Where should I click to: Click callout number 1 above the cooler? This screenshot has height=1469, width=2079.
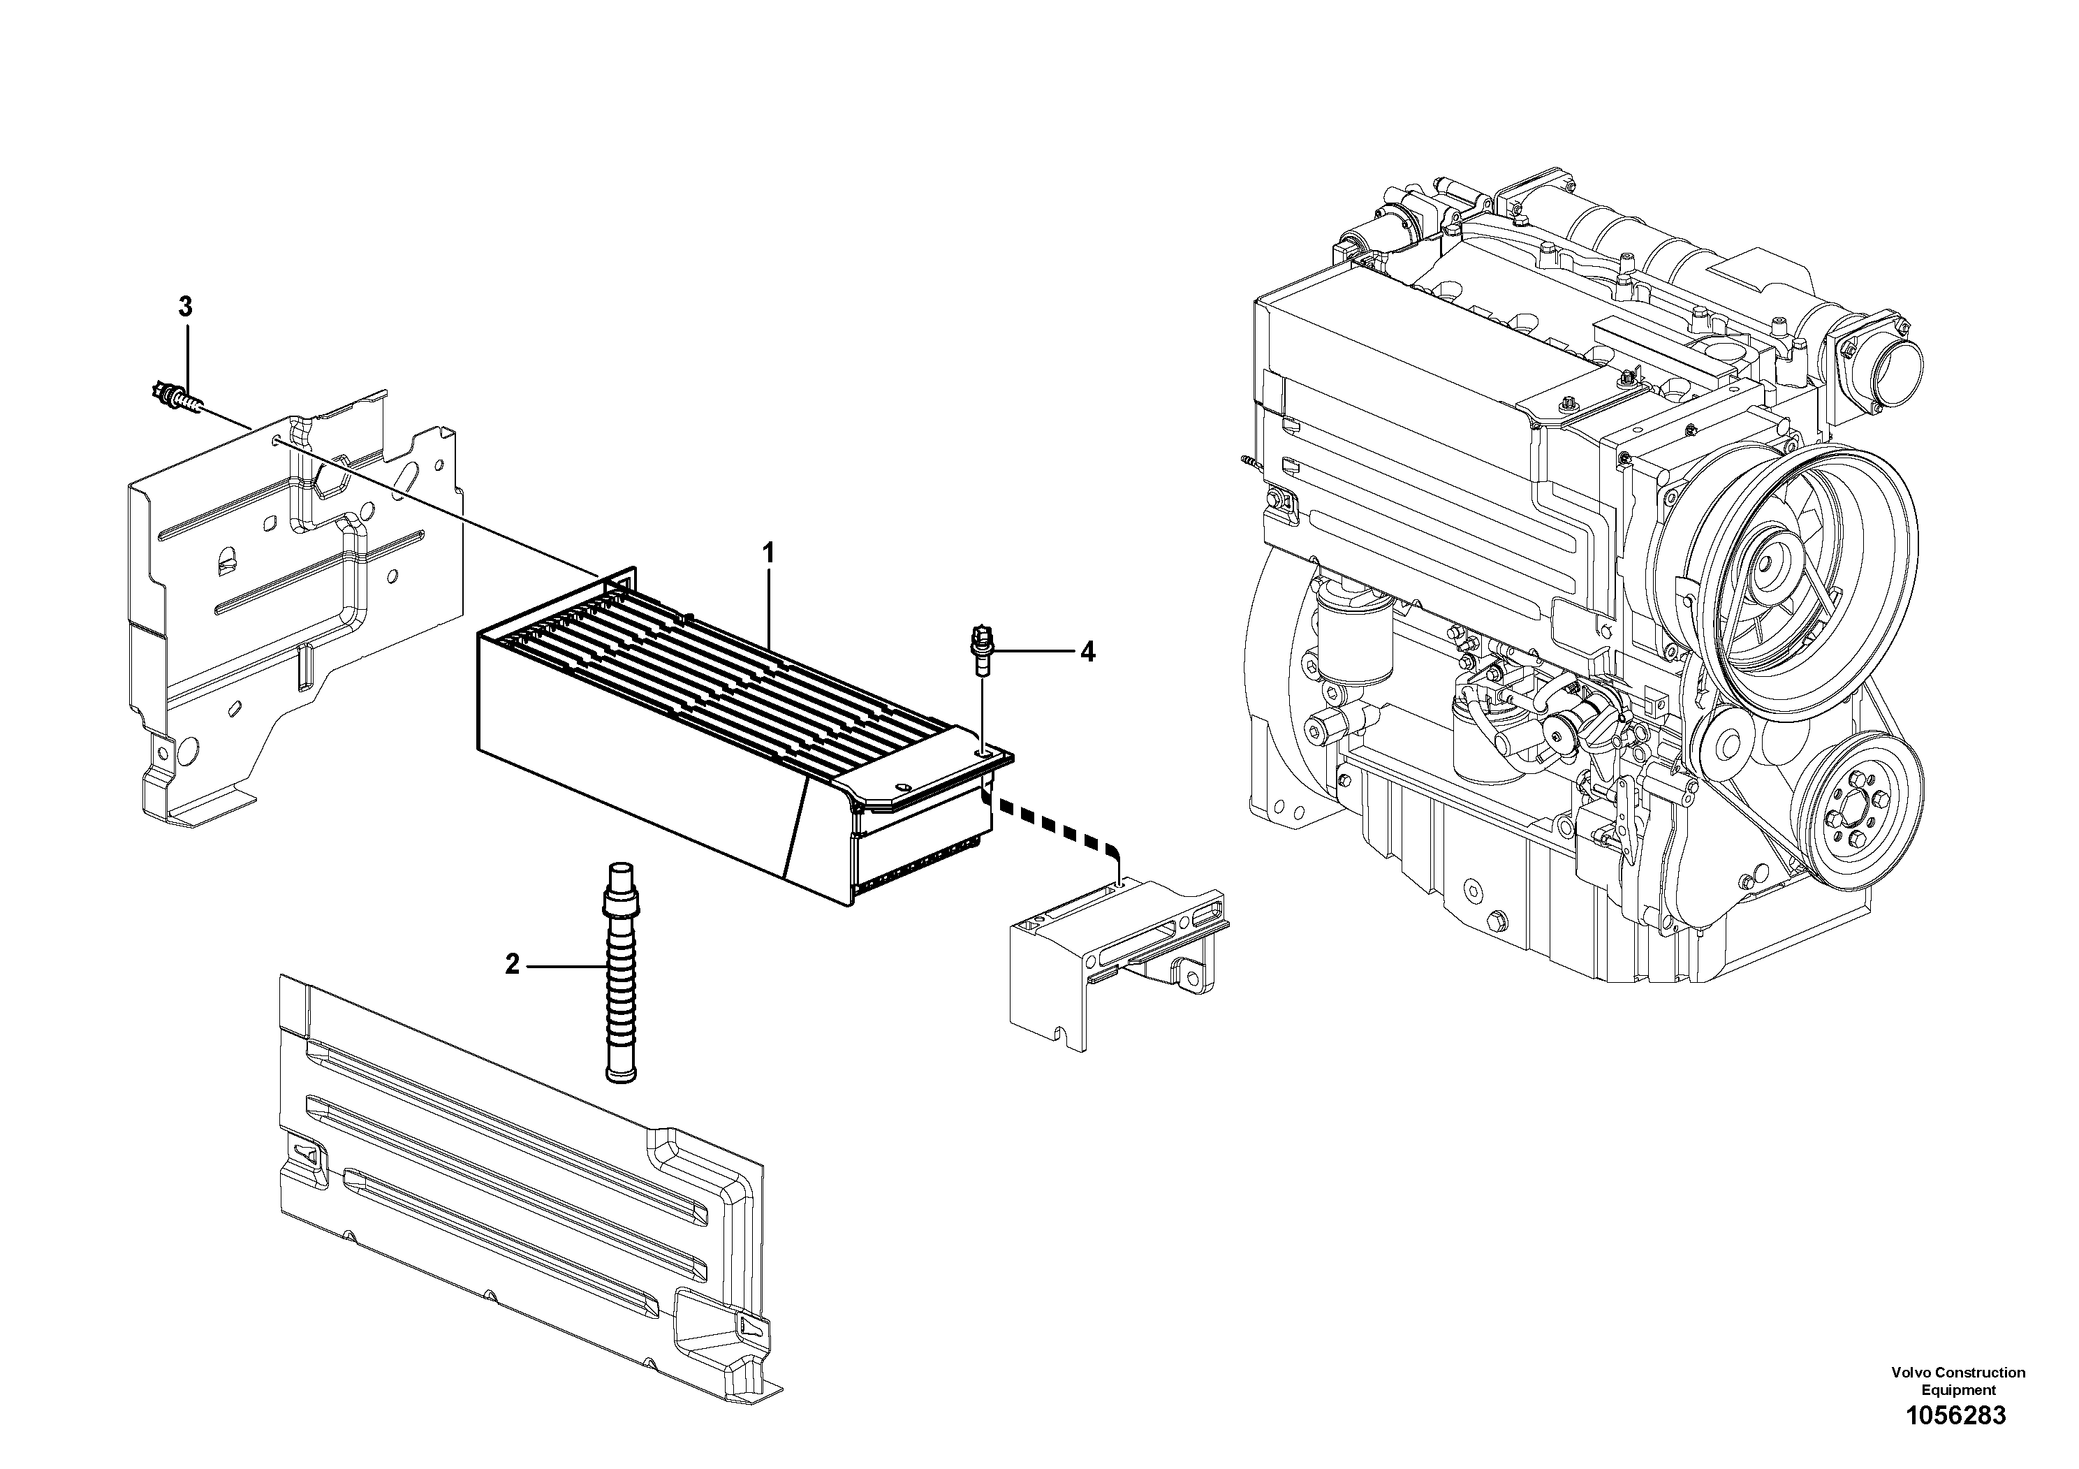point(768,553)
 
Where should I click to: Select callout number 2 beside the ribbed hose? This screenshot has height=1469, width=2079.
point(513,965)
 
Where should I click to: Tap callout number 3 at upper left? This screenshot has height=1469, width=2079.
point(186,307)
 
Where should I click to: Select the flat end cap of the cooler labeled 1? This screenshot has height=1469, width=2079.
point(924,770)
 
